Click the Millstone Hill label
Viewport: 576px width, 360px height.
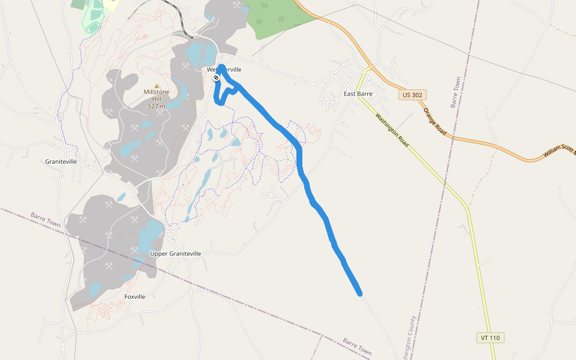(157, 95)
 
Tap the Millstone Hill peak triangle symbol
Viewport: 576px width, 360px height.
(157, 86)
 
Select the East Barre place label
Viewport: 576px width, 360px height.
(358, 94)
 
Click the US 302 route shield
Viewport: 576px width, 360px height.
(412, 95)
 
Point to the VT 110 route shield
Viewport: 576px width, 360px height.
(490, 338)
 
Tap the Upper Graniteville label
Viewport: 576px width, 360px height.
(175, 253)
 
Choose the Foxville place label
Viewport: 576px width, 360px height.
(135, 296)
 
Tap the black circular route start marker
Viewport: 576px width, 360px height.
(216, 77)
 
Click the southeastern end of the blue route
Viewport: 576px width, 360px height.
(359, 293)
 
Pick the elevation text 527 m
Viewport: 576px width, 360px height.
(157, 106)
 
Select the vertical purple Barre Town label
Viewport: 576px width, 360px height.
(455, 92)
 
